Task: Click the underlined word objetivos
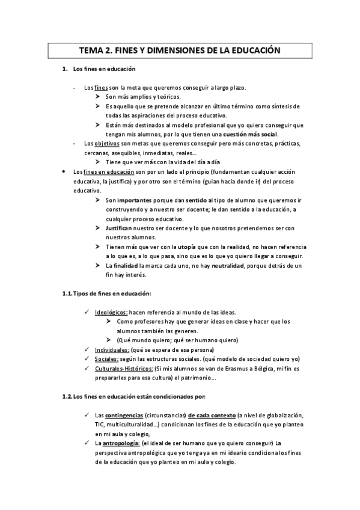(108, 144)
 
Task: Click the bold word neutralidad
(232, 265)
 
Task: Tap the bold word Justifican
(119, 228)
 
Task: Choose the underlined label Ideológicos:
(111, 312)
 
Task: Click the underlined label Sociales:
(106, 359)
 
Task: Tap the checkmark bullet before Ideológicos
(88, 312)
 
